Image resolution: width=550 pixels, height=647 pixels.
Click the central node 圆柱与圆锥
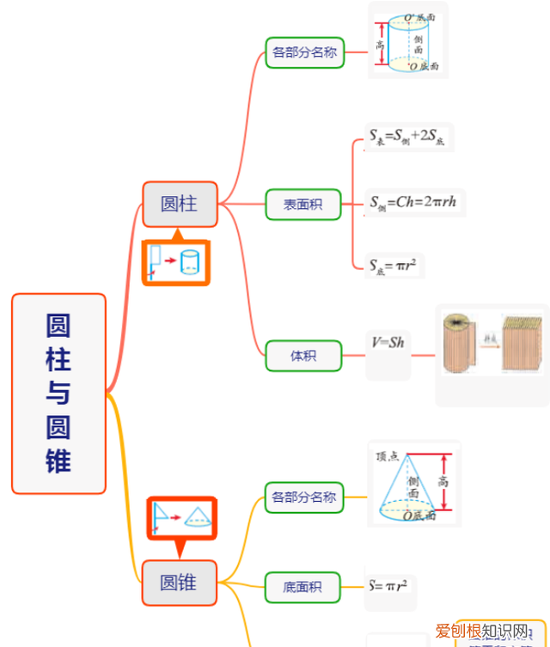coord(58,394)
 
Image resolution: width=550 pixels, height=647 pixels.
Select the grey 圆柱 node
coord(180,204)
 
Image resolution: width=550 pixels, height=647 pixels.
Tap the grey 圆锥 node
coord(180,583)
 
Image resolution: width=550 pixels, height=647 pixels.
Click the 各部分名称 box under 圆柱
coord(304,52)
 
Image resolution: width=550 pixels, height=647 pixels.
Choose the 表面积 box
coord(303,204)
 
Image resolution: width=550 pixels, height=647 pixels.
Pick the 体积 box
coord(303,355)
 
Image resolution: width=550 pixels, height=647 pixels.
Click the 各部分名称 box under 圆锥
coord(303,497)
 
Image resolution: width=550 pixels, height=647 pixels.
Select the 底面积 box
coord(302,588)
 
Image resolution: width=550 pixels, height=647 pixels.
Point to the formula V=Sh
coord(388,343)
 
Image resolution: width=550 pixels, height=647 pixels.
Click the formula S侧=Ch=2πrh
coord(416,203)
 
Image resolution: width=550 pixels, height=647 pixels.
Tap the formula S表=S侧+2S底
coord(408,137)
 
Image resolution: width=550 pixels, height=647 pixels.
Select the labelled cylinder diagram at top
coord(408,40)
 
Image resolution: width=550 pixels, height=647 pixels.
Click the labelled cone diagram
coord(413,484)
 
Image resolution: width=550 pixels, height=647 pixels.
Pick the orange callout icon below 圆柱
coord(176,261)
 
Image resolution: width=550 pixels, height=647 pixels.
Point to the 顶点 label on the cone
coord(388,456)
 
